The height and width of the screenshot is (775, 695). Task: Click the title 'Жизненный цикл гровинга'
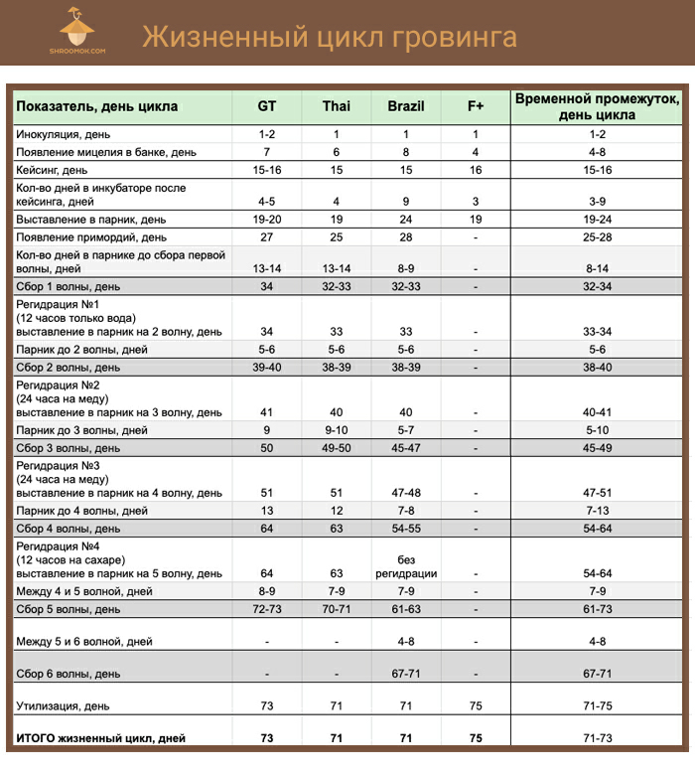coord(330,38)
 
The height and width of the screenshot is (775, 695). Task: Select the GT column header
coord(267,106)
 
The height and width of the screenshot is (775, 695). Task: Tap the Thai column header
coord(337,106)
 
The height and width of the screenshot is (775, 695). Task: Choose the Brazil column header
coord(406,106)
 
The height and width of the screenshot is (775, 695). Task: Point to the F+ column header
coord(476,106)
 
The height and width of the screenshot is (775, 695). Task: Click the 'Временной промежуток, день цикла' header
coord(597,106)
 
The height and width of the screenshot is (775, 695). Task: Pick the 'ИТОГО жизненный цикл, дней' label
coord(100,738)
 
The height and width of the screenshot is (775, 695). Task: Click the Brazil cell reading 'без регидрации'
coord(406,566)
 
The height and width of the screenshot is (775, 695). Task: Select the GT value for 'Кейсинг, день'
coord(267,170)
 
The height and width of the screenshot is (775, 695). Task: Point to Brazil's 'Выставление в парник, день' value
coord(406,219)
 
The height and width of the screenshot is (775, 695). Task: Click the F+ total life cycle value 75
coord(476,738)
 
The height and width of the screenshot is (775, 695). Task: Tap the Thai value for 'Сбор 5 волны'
coord(337,608)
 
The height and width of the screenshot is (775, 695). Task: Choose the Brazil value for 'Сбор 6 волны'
coord(406,674)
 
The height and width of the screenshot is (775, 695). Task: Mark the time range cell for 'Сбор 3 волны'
coord(597,447)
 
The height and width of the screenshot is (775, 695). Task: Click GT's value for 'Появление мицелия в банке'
coord(267,152)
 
